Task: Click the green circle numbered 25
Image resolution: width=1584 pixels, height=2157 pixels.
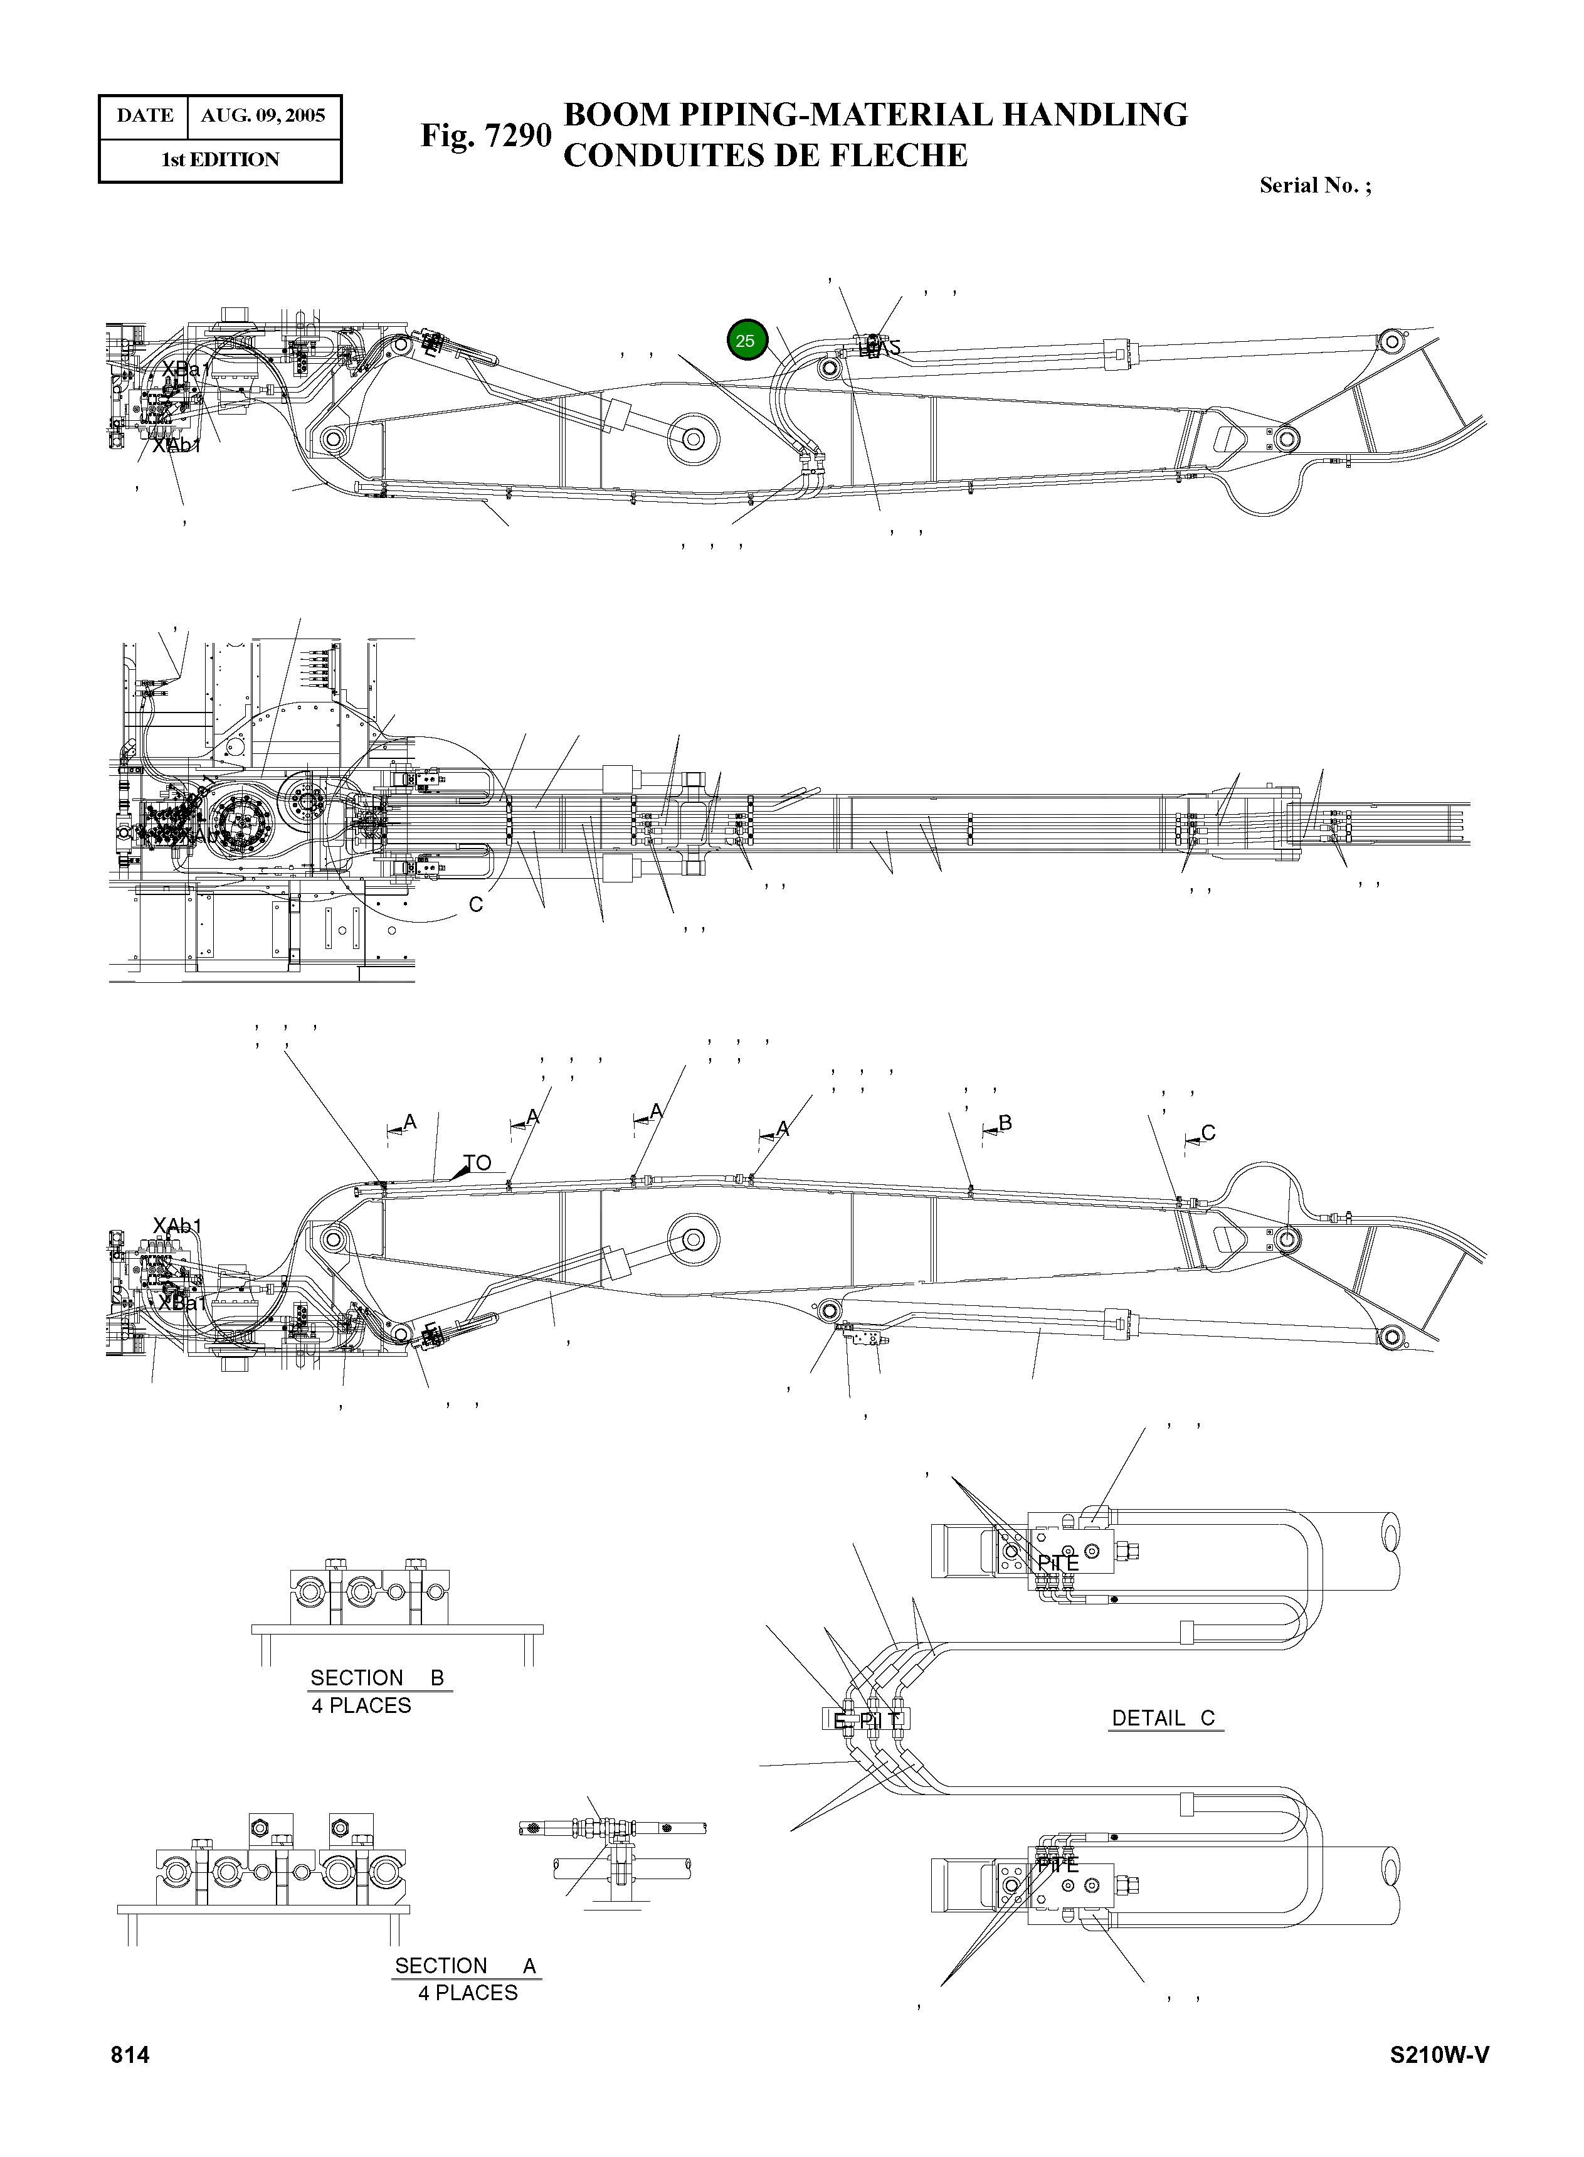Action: click(746, 341)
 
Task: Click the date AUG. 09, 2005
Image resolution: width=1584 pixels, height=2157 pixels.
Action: click(263, 116)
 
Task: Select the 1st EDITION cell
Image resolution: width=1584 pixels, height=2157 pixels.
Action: click(219, 160)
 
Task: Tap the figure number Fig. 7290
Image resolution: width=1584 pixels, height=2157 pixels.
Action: click(485, 135)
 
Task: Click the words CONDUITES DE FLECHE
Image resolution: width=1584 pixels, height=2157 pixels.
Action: click(765, 156)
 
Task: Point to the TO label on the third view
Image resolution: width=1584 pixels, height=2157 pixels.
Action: click(477, 1162)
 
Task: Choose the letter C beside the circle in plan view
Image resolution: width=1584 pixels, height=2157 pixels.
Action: click(475, 904)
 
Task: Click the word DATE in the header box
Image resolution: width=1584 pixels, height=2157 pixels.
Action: click(145, 116)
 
